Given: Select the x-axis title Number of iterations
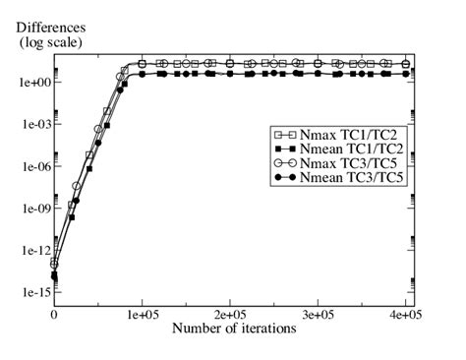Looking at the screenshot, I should [x=233, y=328].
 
